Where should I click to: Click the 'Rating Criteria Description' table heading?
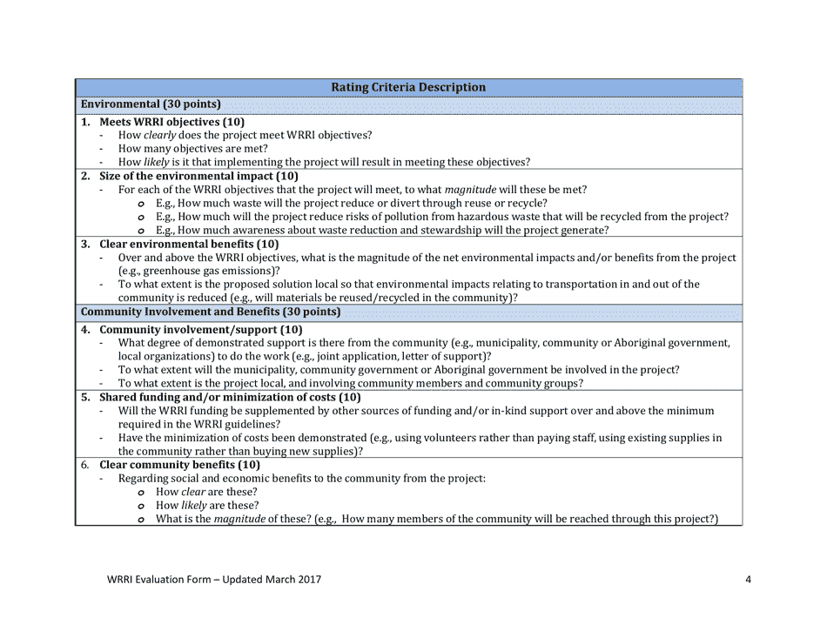tap(408, 87)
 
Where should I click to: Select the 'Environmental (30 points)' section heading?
tap(150, 104)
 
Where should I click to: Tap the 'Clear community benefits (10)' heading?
tap(179, 465)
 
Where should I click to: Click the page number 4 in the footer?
tap(748, 580)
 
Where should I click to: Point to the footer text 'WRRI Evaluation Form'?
tap(156, 580)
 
